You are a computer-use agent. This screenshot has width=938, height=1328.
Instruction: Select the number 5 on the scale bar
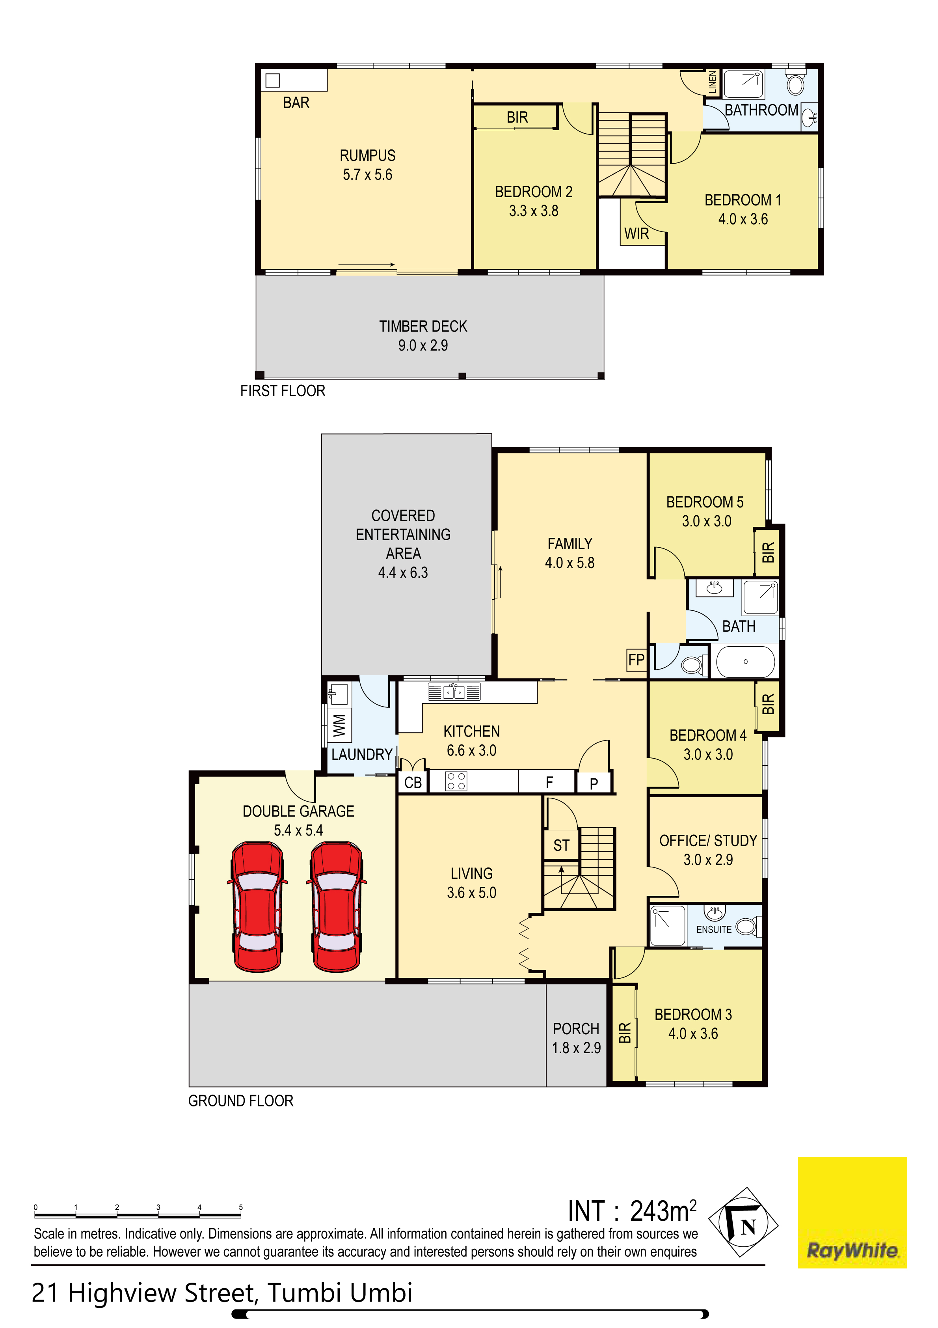240,1207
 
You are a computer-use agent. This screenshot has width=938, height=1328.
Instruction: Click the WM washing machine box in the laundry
339,725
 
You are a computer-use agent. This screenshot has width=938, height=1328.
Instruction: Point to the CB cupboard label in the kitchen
413,783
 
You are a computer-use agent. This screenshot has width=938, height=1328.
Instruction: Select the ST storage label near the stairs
561,846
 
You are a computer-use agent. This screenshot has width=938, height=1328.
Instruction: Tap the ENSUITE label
714,929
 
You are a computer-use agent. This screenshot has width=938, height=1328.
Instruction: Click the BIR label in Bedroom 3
625,1033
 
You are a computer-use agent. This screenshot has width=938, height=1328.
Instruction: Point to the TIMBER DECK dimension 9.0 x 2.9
423,345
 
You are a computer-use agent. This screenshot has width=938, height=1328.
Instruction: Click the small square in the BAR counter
272,80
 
